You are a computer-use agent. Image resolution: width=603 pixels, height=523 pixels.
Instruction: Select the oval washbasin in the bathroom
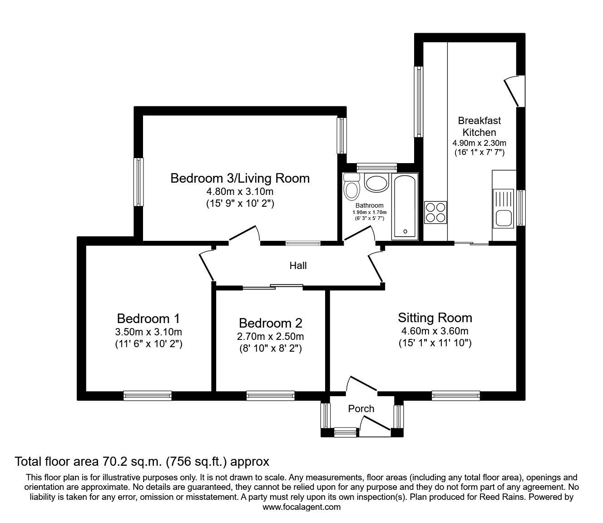coord(376,183)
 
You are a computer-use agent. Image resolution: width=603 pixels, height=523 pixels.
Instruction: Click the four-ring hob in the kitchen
coord(435,212)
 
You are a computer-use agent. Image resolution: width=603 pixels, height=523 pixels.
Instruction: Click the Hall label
coord(298,265)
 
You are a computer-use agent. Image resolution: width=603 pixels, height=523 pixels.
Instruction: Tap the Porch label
coord(361,408)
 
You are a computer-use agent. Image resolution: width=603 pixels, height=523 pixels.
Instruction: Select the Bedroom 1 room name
coord(148,318)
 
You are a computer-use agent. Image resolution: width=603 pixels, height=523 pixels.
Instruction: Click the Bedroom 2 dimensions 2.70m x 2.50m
coord(270,337)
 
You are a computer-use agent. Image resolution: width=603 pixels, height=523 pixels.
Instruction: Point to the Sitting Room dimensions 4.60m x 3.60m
coord(435,331)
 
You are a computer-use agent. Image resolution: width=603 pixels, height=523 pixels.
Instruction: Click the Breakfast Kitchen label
coord(479,126)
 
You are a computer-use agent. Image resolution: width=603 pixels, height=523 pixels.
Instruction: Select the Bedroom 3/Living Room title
coord(240,178)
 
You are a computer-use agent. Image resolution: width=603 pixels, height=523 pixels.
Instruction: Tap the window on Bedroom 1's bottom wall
coord(148,396)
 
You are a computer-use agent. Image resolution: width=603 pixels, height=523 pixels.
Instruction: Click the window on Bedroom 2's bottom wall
coord(270,396)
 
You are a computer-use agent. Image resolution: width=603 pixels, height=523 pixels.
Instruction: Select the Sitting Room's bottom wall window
coord(455,396)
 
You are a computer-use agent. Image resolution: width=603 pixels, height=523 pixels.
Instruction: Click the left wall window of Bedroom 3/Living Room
coord(138,182)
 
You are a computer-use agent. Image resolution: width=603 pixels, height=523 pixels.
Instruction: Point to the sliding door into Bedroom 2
coord(272,286)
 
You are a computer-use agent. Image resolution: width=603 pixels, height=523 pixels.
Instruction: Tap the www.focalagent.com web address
coord(301,507)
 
